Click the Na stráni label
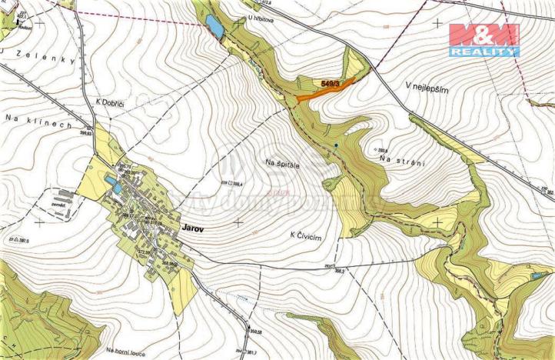pos(400,158)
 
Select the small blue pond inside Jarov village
pos(111,183)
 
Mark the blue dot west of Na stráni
pos(336,146)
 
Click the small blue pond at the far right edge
pos(537,274)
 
